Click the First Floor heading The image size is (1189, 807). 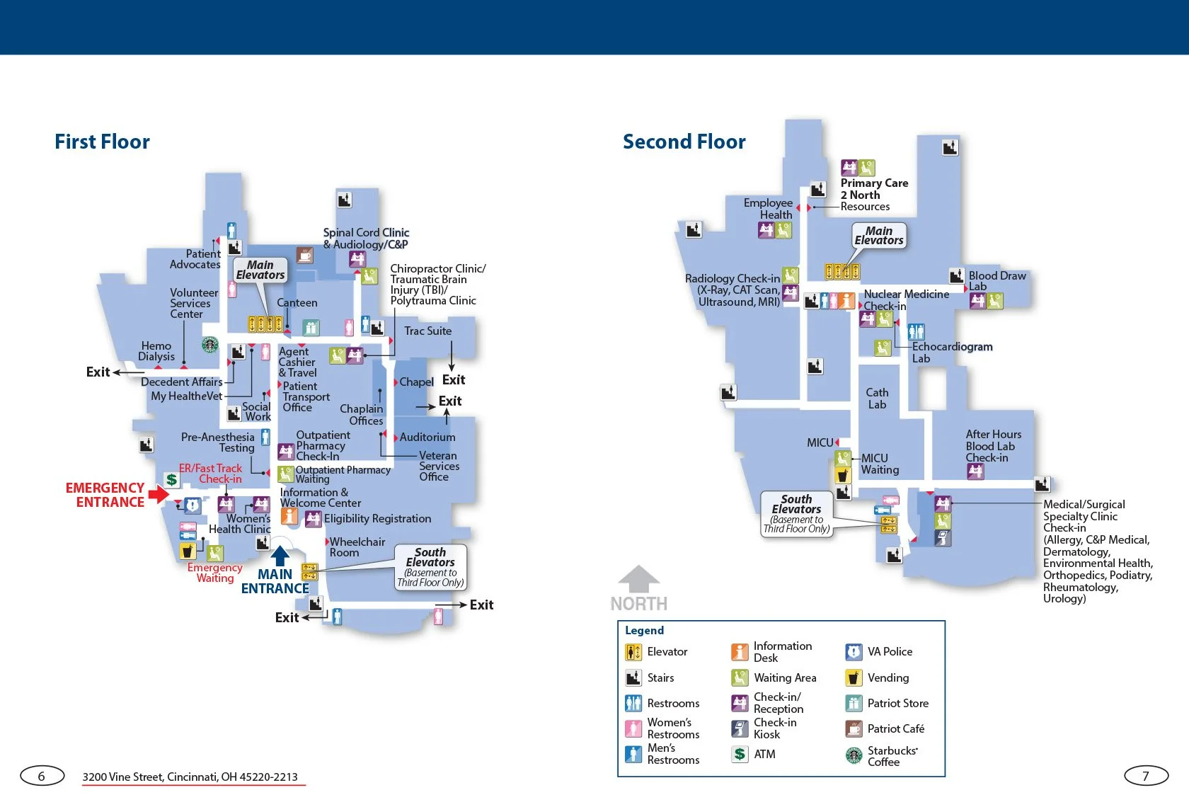point(102,142)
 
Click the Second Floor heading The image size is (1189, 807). point(684,142)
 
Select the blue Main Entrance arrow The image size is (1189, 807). point(280,556)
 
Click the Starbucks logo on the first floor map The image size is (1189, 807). point(209,345)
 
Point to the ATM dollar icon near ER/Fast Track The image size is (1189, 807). point(171,479)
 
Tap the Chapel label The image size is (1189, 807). point(416,382)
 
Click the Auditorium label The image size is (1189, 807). point(427,437)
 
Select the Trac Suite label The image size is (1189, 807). point(427,331)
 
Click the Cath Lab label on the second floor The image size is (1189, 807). point(877,399)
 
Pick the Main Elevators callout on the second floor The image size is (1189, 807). point(879,236)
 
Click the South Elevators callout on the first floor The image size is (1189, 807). point(430,566)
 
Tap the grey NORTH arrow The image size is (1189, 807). point(639,579)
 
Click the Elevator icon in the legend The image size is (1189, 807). point(633,652)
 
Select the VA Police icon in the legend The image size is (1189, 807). point(854,652)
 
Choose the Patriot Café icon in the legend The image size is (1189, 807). point(854,728)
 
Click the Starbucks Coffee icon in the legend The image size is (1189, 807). point(854,755)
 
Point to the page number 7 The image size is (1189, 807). point(1146,776)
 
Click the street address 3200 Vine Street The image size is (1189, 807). point(190,777)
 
